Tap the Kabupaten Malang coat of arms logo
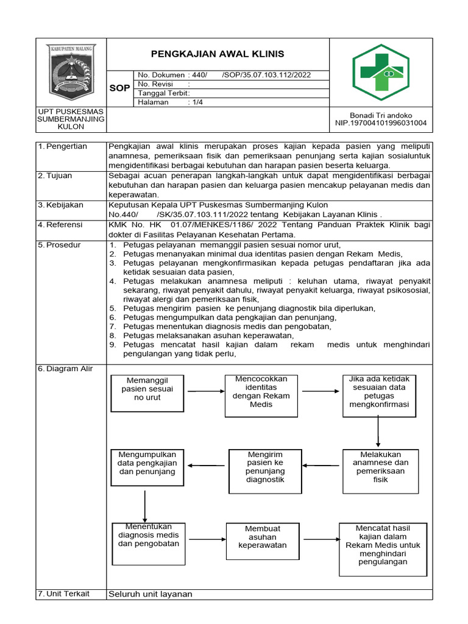click(x=73, y=72)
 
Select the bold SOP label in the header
click(x=119, y=88)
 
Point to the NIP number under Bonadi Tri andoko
click(x=381, y=123)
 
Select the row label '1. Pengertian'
click(x=62, y=146)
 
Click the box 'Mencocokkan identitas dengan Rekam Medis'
click(x=261, y=395)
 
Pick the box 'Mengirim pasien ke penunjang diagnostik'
click(x=265, y=467)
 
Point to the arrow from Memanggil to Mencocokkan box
click(x=202, y=390)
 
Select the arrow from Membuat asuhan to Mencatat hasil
click(x=321, y=539)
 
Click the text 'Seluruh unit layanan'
click(x=151, y=594)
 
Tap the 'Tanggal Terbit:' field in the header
click(x=165, y=93)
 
